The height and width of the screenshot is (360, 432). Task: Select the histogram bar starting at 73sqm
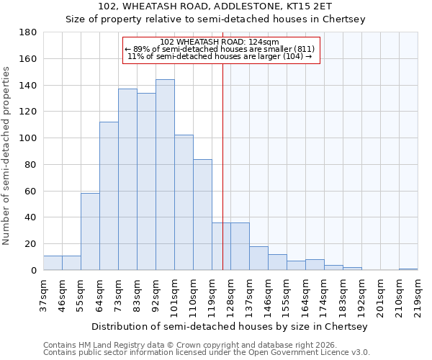pyautogui.click(x=127, y=179)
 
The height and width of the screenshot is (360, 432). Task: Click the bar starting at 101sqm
pyautogui.click(x=184, y=202)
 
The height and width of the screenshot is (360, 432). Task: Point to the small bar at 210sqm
pyautogui.click(x=408, y=269)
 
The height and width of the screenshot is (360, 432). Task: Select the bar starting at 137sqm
pyautogui.click(x=258, y=258)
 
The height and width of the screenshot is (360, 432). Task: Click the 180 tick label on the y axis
pyautogui.click(x=28, y=32)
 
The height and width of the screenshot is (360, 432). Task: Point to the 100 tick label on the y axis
pyautogui.click(x=28, y=138)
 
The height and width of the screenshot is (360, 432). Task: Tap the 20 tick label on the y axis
pyautogui.click(x=31, y=244)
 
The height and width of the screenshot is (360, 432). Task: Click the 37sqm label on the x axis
pyautogui.click(x=44, y=294)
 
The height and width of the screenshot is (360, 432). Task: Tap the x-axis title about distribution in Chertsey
pyautogui.click(x=230, y=326)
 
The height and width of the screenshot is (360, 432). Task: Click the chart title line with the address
pyautogui.click(x=230, y=7)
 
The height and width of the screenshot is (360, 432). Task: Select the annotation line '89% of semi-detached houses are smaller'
pyautogui.click(x=220, y=49)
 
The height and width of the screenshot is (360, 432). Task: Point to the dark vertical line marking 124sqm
pyautogui.click(x=222, y=158)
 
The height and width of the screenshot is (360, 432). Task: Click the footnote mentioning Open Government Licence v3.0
pyautogui.click(x=207, y=352)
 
